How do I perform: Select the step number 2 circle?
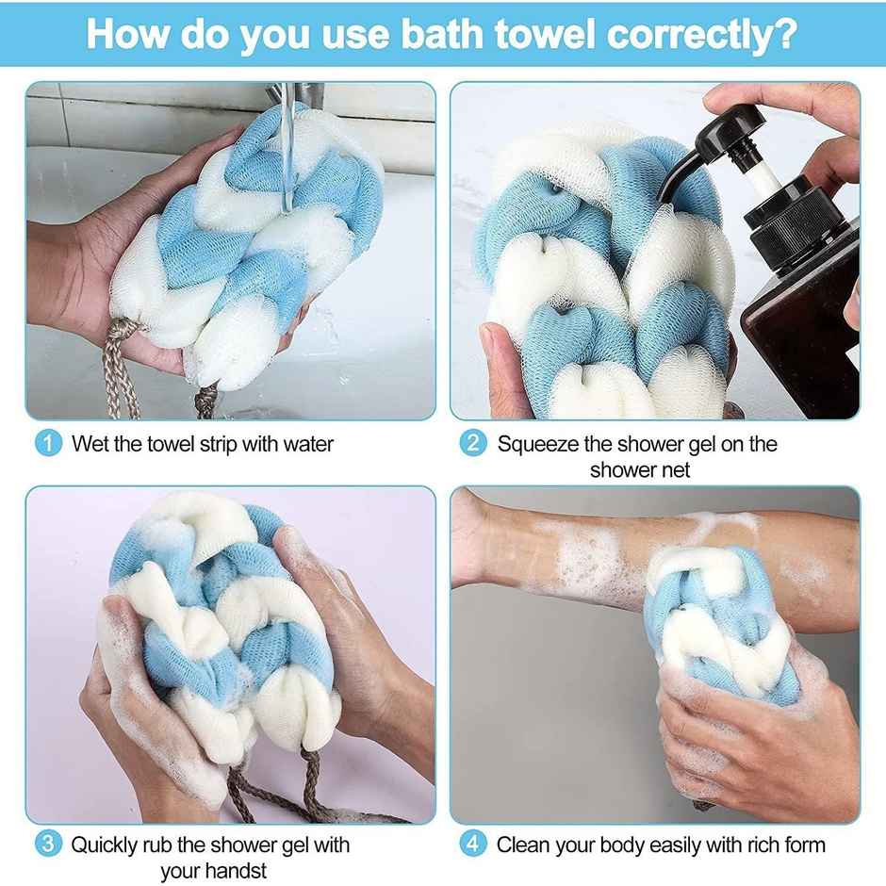(x=473, y=442)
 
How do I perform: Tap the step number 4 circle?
(x=473, y=844)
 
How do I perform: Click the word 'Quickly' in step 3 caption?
(x=106, y=845)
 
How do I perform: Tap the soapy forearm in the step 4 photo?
(x=566, y=547)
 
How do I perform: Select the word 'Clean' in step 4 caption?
(x=524, y=845)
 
